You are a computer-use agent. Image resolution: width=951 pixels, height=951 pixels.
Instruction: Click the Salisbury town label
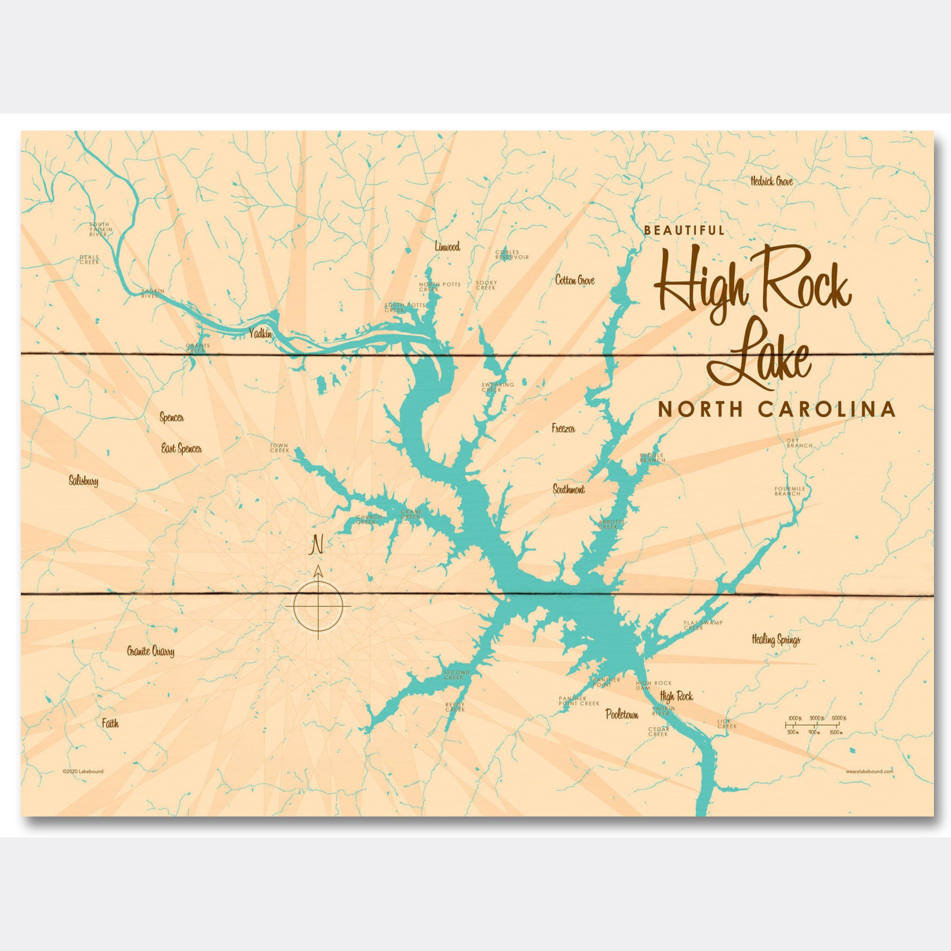[x=84, y=482]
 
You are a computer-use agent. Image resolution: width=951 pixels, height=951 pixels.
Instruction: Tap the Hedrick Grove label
[x=771, y=182]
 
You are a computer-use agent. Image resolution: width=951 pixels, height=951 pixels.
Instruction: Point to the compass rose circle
[x=318, y=606]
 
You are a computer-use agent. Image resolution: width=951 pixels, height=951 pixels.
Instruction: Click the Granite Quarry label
[x=151, y=652]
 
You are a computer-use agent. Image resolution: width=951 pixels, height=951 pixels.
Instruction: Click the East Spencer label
[x=182, y=449]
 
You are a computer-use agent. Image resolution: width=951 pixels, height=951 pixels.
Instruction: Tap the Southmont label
[x=569, y=490]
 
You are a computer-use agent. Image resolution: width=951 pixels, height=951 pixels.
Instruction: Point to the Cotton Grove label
[x=574, y=281]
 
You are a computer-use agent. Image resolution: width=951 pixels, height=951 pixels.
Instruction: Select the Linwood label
[x=447, y=247]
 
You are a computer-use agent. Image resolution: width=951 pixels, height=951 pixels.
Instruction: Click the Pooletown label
[x=622, y=715]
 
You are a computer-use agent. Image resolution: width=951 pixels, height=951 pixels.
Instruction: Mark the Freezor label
[x=563, y=429]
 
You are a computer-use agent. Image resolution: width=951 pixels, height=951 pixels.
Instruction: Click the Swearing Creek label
[x=498, y=387]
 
